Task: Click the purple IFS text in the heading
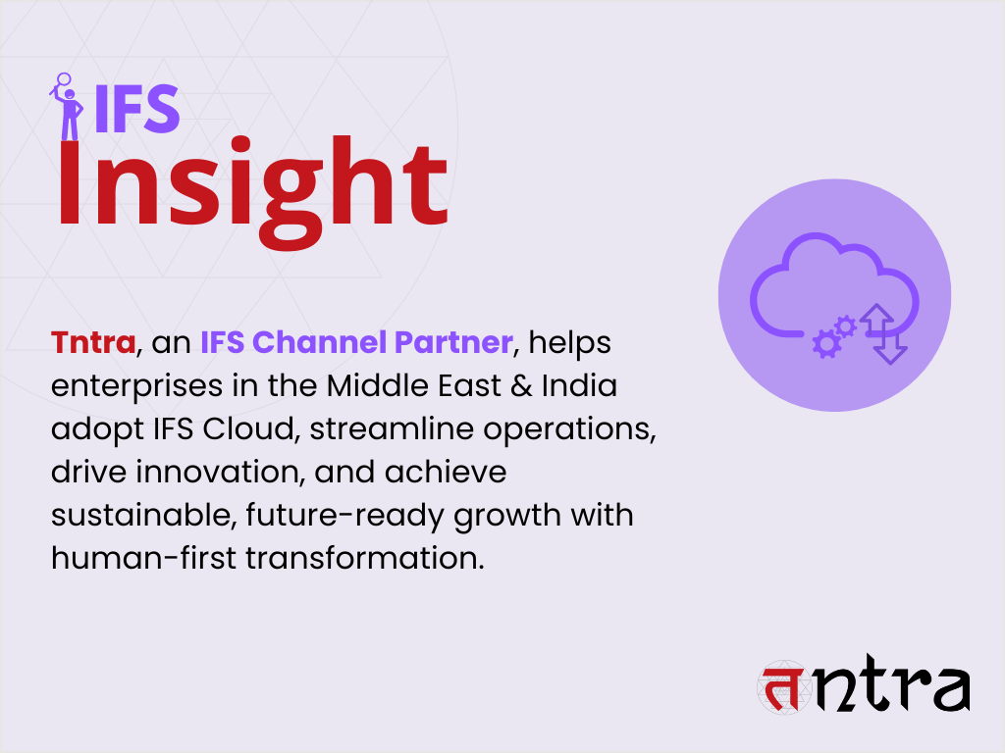pyautogui.click(x=136, y=108)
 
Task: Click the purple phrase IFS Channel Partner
pyautogui.click(x=355, y=342)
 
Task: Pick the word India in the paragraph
pyautogui.click(x=581, y=385)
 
